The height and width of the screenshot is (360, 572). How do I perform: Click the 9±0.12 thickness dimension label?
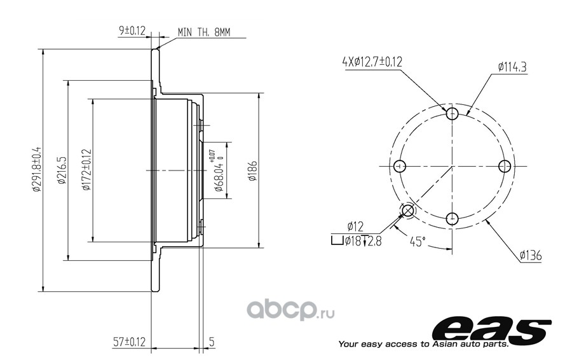(x=132, y=31)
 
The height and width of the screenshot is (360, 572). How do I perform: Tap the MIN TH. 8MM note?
(x=204, y=32)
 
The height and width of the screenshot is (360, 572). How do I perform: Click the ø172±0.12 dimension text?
(x=86, y=170)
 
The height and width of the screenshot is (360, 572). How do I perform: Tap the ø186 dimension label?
(x=252, y=171)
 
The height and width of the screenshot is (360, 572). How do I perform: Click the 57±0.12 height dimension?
(x=129, y=342)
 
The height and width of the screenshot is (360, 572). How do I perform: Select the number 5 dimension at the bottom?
(x=212, y=342)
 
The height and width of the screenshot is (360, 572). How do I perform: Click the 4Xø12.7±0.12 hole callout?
(x=372, y=62)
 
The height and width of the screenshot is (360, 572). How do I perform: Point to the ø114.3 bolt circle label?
(x=512, y=67)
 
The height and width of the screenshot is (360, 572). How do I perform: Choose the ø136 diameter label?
(x=531, y=255)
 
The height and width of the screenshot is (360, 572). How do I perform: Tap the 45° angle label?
(x=418, y=241)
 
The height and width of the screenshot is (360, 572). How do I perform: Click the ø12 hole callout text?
(x=355, y=226)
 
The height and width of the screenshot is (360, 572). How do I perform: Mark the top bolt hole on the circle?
(x=453, y=114)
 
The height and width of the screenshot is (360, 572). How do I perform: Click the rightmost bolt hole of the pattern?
(x=505, y=166)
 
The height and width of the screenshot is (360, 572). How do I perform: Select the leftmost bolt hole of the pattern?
(x=400, y=166)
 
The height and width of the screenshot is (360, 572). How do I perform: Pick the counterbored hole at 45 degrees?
(x=408, y=211)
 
